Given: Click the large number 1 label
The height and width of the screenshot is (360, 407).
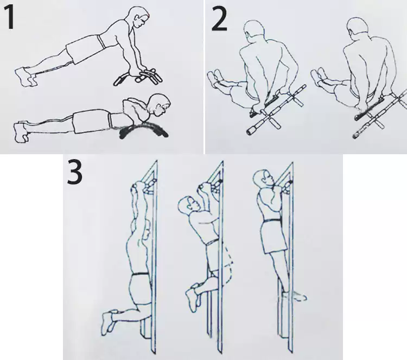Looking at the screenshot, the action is pos(9,17).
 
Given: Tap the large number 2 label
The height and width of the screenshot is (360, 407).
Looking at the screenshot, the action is pos(220,19).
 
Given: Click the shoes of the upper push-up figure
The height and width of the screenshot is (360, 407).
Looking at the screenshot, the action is pos(25,76).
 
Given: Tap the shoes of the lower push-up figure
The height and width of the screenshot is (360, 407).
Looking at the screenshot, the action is pos(22,131).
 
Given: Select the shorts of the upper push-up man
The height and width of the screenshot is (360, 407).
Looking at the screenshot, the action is pos(84,49).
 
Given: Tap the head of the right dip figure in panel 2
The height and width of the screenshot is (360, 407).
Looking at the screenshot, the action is pos(358,27).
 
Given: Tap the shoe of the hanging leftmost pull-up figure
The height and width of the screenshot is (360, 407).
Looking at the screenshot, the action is pos(108,322).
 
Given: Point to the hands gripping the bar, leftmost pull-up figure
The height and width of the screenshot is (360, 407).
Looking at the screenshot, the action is pos(143,186).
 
